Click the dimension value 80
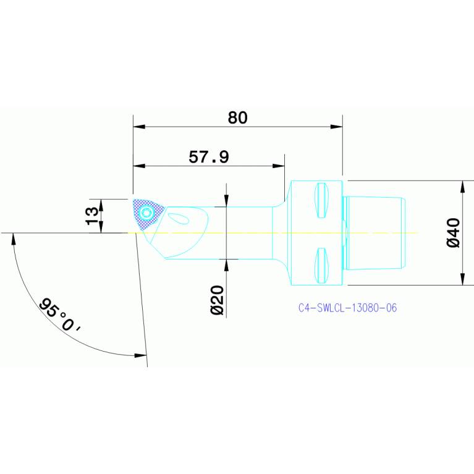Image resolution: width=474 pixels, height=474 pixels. (x=238, y=117)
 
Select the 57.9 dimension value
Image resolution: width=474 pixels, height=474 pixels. (x=209, y=157)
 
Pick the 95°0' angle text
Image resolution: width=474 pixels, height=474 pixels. (x=60, y=316)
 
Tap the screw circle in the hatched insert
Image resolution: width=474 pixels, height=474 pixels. (x=146, y=213)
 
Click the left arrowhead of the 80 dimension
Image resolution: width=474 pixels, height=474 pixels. (x=139, y=127)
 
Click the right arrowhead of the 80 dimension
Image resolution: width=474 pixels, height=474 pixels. (x=336, y=127)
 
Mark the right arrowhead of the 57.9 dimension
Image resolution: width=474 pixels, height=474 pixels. (x=279, y=166)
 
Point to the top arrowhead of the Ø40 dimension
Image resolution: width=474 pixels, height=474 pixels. (x=462, y=186)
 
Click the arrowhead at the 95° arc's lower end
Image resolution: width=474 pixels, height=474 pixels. (x=141, y=355)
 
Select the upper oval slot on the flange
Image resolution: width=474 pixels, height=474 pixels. (x=320, y=200)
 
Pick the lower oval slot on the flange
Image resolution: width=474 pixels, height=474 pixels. (x=320, y=265)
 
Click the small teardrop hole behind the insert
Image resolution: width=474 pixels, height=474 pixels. (x=179, y=218)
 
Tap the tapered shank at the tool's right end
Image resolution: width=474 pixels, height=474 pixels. (x=375, y=232)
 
